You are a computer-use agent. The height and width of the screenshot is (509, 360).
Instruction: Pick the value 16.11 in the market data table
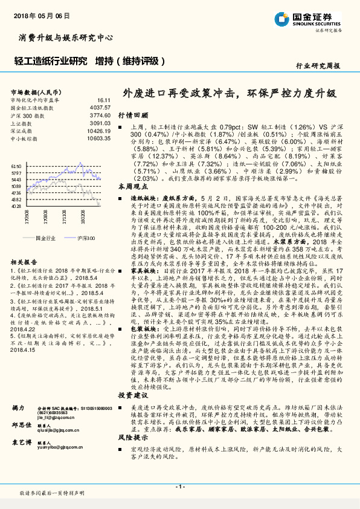[x=103, y=99]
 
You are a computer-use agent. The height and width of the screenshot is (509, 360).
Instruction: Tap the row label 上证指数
[x=23, y=122]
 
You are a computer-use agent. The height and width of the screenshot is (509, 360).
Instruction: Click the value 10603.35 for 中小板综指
[x=98, y=138]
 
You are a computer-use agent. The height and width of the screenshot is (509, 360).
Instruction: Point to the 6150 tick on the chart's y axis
[x=16, y=165]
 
